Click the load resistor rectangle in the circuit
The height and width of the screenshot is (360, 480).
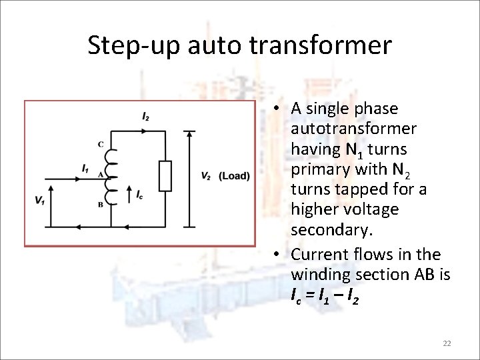(165, 176)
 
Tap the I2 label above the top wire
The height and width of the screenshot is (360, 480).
(145, 117)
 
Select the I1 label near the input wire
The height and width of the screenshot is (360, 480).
(85, 168)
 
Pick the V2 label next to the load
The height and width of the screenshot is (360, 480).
(206, 176)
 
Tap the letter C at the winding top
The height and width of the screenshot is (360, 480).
(101, 145)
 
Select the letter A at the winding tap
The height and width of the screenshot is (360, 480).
(100, 174)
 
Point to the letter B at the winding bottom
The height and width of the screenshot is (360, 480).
(101, 204)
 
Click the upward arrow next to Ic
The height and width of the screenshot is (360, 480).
(129, 195)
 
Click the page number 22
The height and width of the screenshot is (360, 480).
(447, 343)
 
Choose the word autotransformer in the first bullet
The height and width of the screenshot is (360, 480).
(354, 128)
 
